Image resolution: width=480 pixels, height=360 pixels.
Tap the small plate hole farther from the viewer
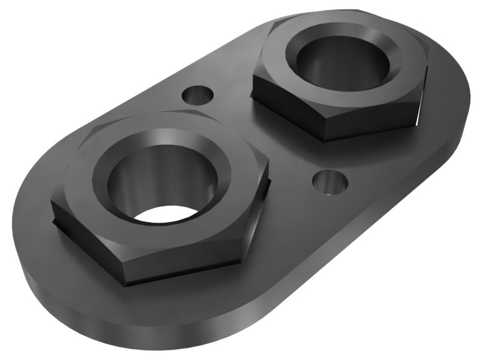197,95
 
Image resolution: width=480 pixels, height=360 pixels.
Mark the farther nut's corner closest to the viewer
324,138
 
